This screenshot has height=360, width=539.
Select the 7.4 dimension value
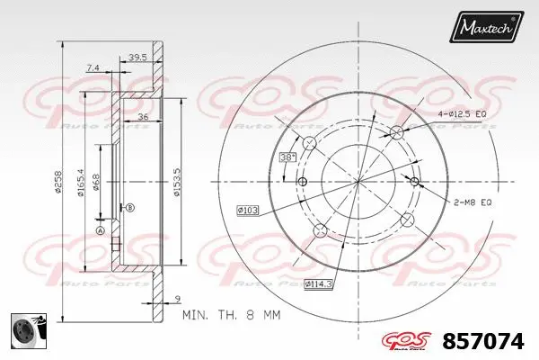[x=93, y=67]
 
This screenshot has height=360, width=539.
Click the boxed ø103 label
[x=248, y=210]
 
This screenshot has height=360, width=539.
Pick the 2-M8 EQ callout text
[x=474, y=202]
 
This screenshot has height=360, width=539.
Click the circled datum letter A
[x=101, y=230]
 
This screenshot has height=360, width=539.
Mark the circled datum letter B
[x=130, y=208]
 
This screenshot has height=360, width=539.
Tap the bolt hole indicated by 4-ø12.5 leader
[x=396, y=132]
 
